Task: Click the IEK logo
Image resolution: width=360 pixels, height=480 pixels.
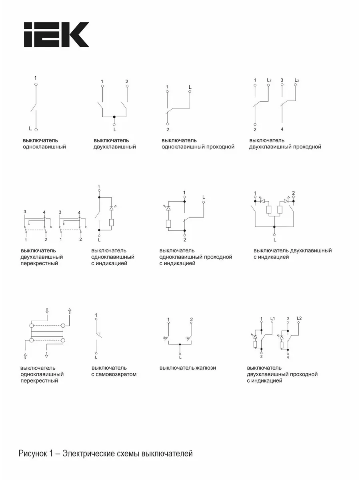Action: point(56,34)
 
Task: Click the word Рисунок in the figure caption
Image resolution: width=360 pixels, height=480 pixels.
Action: point(32,454)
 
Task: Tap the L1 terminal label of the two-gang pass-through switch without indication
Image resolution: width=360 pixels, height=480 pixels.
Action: point(269,80)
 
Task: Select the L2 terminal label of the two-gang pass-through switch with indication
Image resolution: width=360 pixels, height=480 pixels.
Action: point(299,318)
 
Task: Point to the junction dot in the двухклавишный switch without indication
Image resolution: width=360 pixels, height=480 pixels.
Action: point(114,117)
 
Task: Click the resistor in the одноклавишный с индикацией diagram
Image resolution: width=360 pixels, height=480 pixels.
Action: point(111,223)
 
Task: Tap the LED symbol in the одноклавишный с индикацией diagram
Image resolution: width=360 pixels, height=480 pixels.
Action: point(112,208)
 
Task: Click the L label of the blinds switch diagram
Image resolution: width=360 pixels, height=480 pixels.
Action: point(180,357)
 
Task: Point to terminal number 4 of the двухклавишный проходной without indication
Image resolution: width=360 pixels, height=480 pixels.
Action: point(282,129)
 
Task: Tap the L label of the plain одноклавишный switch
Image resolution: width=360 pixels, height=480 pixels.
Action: point(30,128)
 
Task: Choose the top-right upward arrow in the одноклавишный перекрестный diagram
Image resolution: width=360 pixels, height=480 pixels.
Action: point(70,311)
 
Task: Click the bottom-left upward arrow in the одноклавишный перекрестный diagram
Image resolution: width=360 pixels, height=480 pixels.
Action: point(25,356)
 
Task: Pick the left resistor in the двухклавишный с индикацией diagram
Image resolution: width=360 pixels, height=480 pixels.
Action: point(269,210)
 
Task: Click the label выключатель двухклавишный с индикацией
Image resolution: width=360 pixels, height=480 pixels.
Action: point(293,254)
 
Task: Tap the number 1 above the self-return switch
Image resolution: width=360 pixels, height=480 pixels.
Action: point(96,315)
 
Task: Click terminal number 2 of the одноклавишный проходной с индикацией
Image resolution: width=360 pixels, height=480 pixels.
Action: point(185,240)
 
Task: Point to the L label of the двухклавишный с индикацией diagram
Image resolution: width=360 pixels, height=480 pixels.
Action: point(275,240)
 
